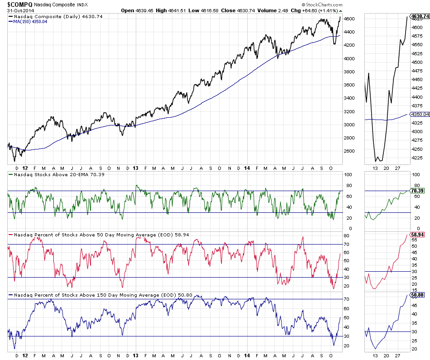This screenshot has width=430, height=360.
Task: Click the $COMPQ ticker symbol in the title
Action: point(19,4)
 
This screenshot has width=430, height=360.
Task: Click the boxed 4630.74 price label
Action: point(420,17)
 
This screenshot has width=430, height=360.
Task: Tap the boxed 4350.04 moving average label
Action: point(420,115)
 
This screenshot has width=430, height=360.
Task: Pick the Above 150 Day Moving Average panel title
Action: point(97,295)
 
